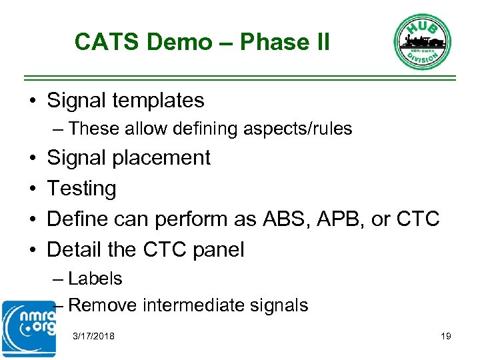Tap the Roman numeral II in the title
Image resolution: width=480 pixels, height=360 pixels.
[x=319, y=42]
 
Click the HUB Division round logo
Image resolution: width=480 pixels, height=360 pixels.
[x=422, y=41]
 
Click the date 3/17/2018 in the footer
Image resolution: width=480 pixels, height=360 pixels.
[x=93, y=336]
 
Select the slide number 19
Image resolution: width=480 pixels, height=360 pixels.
[x=446, y=336]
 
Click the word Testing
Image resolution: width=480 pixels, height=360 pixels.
[x=81, y=189]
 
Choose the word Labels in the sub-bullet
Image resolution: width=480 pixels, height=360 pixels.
[x=95, y=278]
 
